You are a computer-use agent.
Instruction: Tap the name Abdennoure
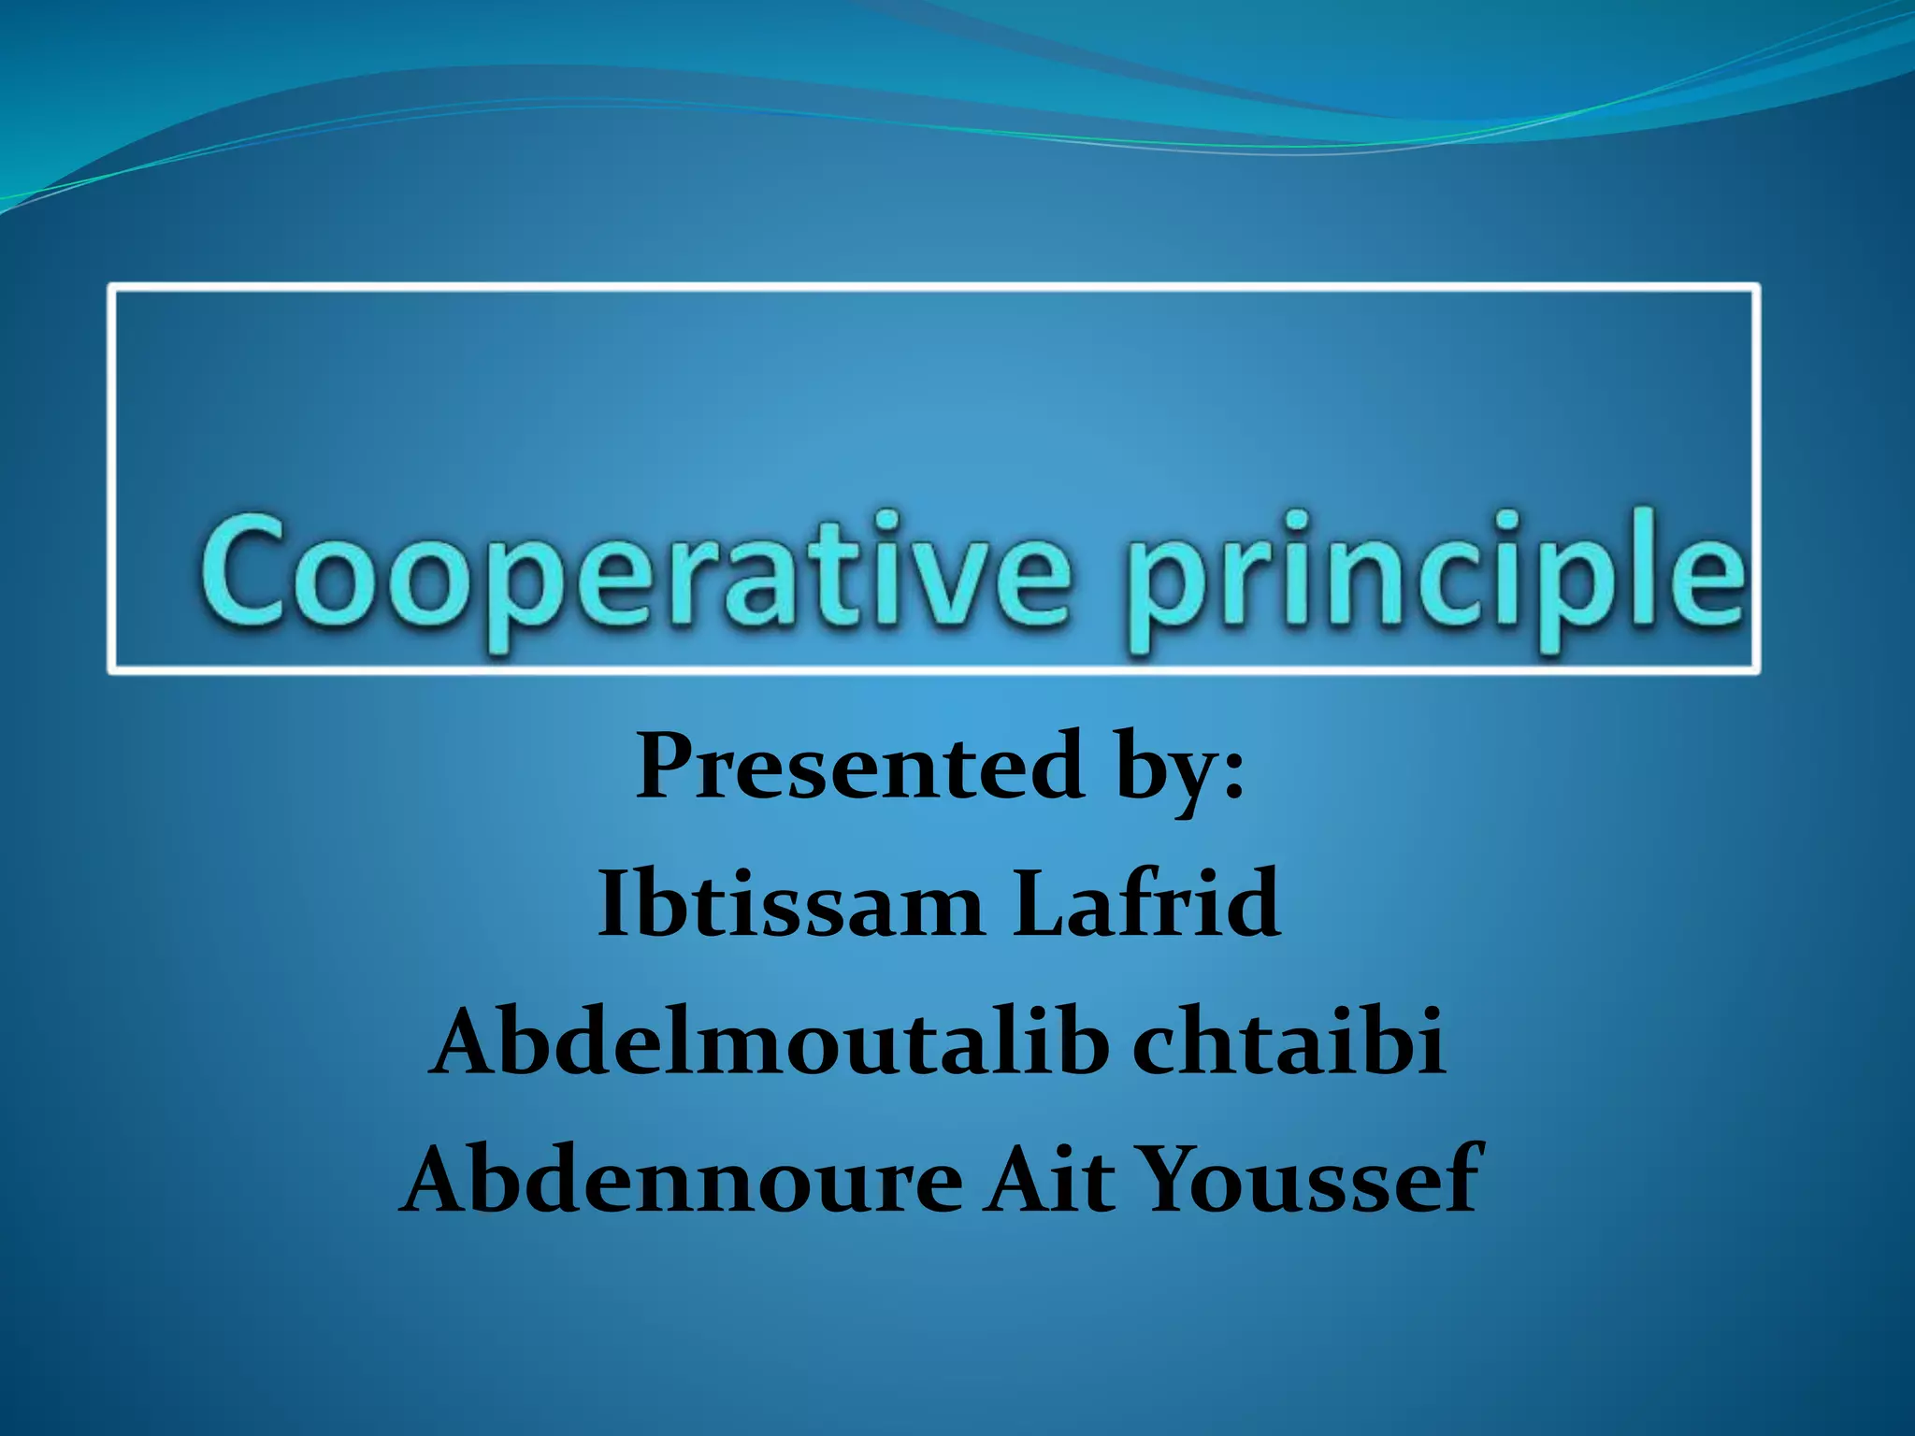(684, 1180)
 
